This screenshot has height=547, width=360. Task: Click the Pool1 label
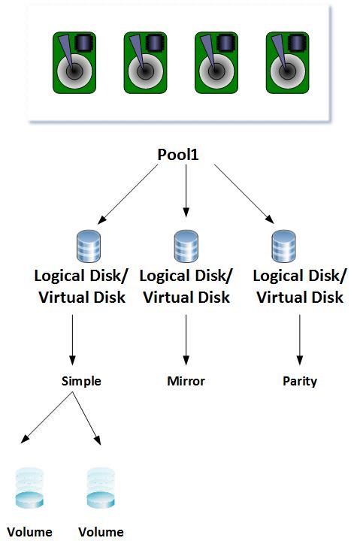pos(178,155)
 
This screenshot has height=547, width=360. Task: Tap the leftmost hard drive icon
pos(74,63)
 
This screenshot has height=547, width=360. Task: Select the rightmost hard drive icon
pos(287,63)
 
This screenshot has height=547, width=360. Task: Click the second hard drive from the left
pos(146,63)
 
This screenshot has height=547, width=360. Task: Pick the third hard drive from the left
pos(216,63)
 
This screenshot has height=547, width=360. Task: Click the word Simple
pos(81,381)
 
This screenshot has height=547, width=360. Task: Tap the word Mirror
pos(186,381)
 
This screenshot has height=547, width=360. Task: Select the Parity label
pos(300,381)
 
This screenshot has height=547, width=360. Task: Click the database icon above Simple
pos(88,246)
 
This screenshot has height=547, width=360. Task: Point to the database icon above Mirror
pos(186,246)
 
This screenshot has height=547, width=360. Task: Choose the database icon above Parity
pos(283,246)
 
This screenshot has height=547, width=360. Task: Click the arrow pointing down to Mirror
pos(186,340)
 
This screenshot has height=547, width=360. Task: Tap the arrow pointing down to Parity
pos(300,340)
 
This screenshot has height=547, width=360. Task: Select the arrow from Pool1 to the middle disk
pos(186,191)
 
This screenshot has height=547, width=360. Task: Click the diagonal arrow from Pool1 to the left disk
pos(127,195)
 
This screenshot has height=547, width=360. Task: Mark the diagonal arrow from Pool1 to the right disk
pos(244,194)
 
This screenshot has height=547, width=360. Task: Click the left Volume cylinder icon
pos(29,488)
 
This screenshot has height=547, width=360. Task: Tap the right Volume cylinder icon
pos(101,488)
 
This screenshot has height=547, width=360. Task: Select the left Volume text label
pos(29,532)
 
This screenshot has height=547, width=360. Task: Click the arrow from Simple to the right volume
pos(86,419)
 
